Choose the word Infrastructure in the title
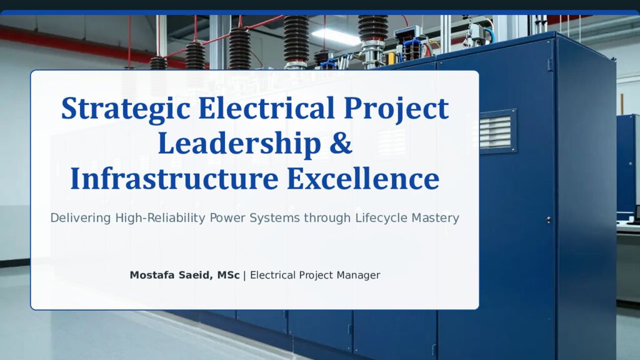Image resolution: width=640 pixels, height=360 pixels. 174,179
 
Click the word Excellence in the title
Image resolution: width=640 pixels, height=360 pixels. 363,179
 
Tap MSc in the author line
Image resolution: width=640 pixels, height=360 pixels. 228,275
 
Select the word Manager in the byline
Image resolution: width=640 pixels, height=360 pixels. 358,275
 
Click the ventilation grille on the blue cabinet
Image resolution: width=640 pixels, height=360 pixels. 498,131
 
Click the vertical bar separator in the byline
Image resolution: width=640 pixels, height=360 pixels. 244,275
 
